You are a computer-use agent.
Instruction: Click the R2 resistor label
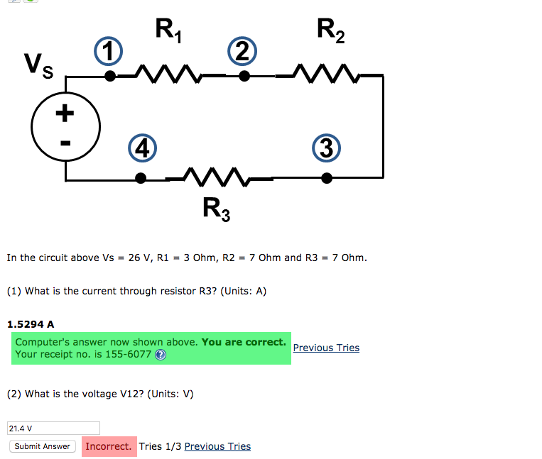click(330, 32)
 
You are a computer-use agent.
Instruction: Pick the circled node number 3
click(325, 149)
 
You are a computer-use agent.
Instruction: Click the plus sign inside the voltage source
click(65, 112)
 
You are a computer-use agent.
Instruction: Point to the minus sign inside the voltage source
click(65, 143)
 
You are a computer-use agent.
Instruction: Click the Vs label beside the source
click(37, 66)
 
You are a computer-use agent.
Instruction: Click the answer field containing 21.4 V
click(53, 428)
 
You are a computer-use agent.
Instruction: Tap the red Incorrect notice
click(108, 446)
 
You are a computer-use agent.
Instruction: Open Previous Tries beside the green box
click(326, 348)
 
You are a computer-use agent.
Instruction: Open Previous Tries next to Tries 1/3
click(217, 446)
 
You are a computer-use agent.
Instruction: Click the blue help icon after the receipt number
click(160, 355)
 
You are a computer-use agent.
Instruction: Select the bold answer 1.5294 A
click(31, 324)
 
